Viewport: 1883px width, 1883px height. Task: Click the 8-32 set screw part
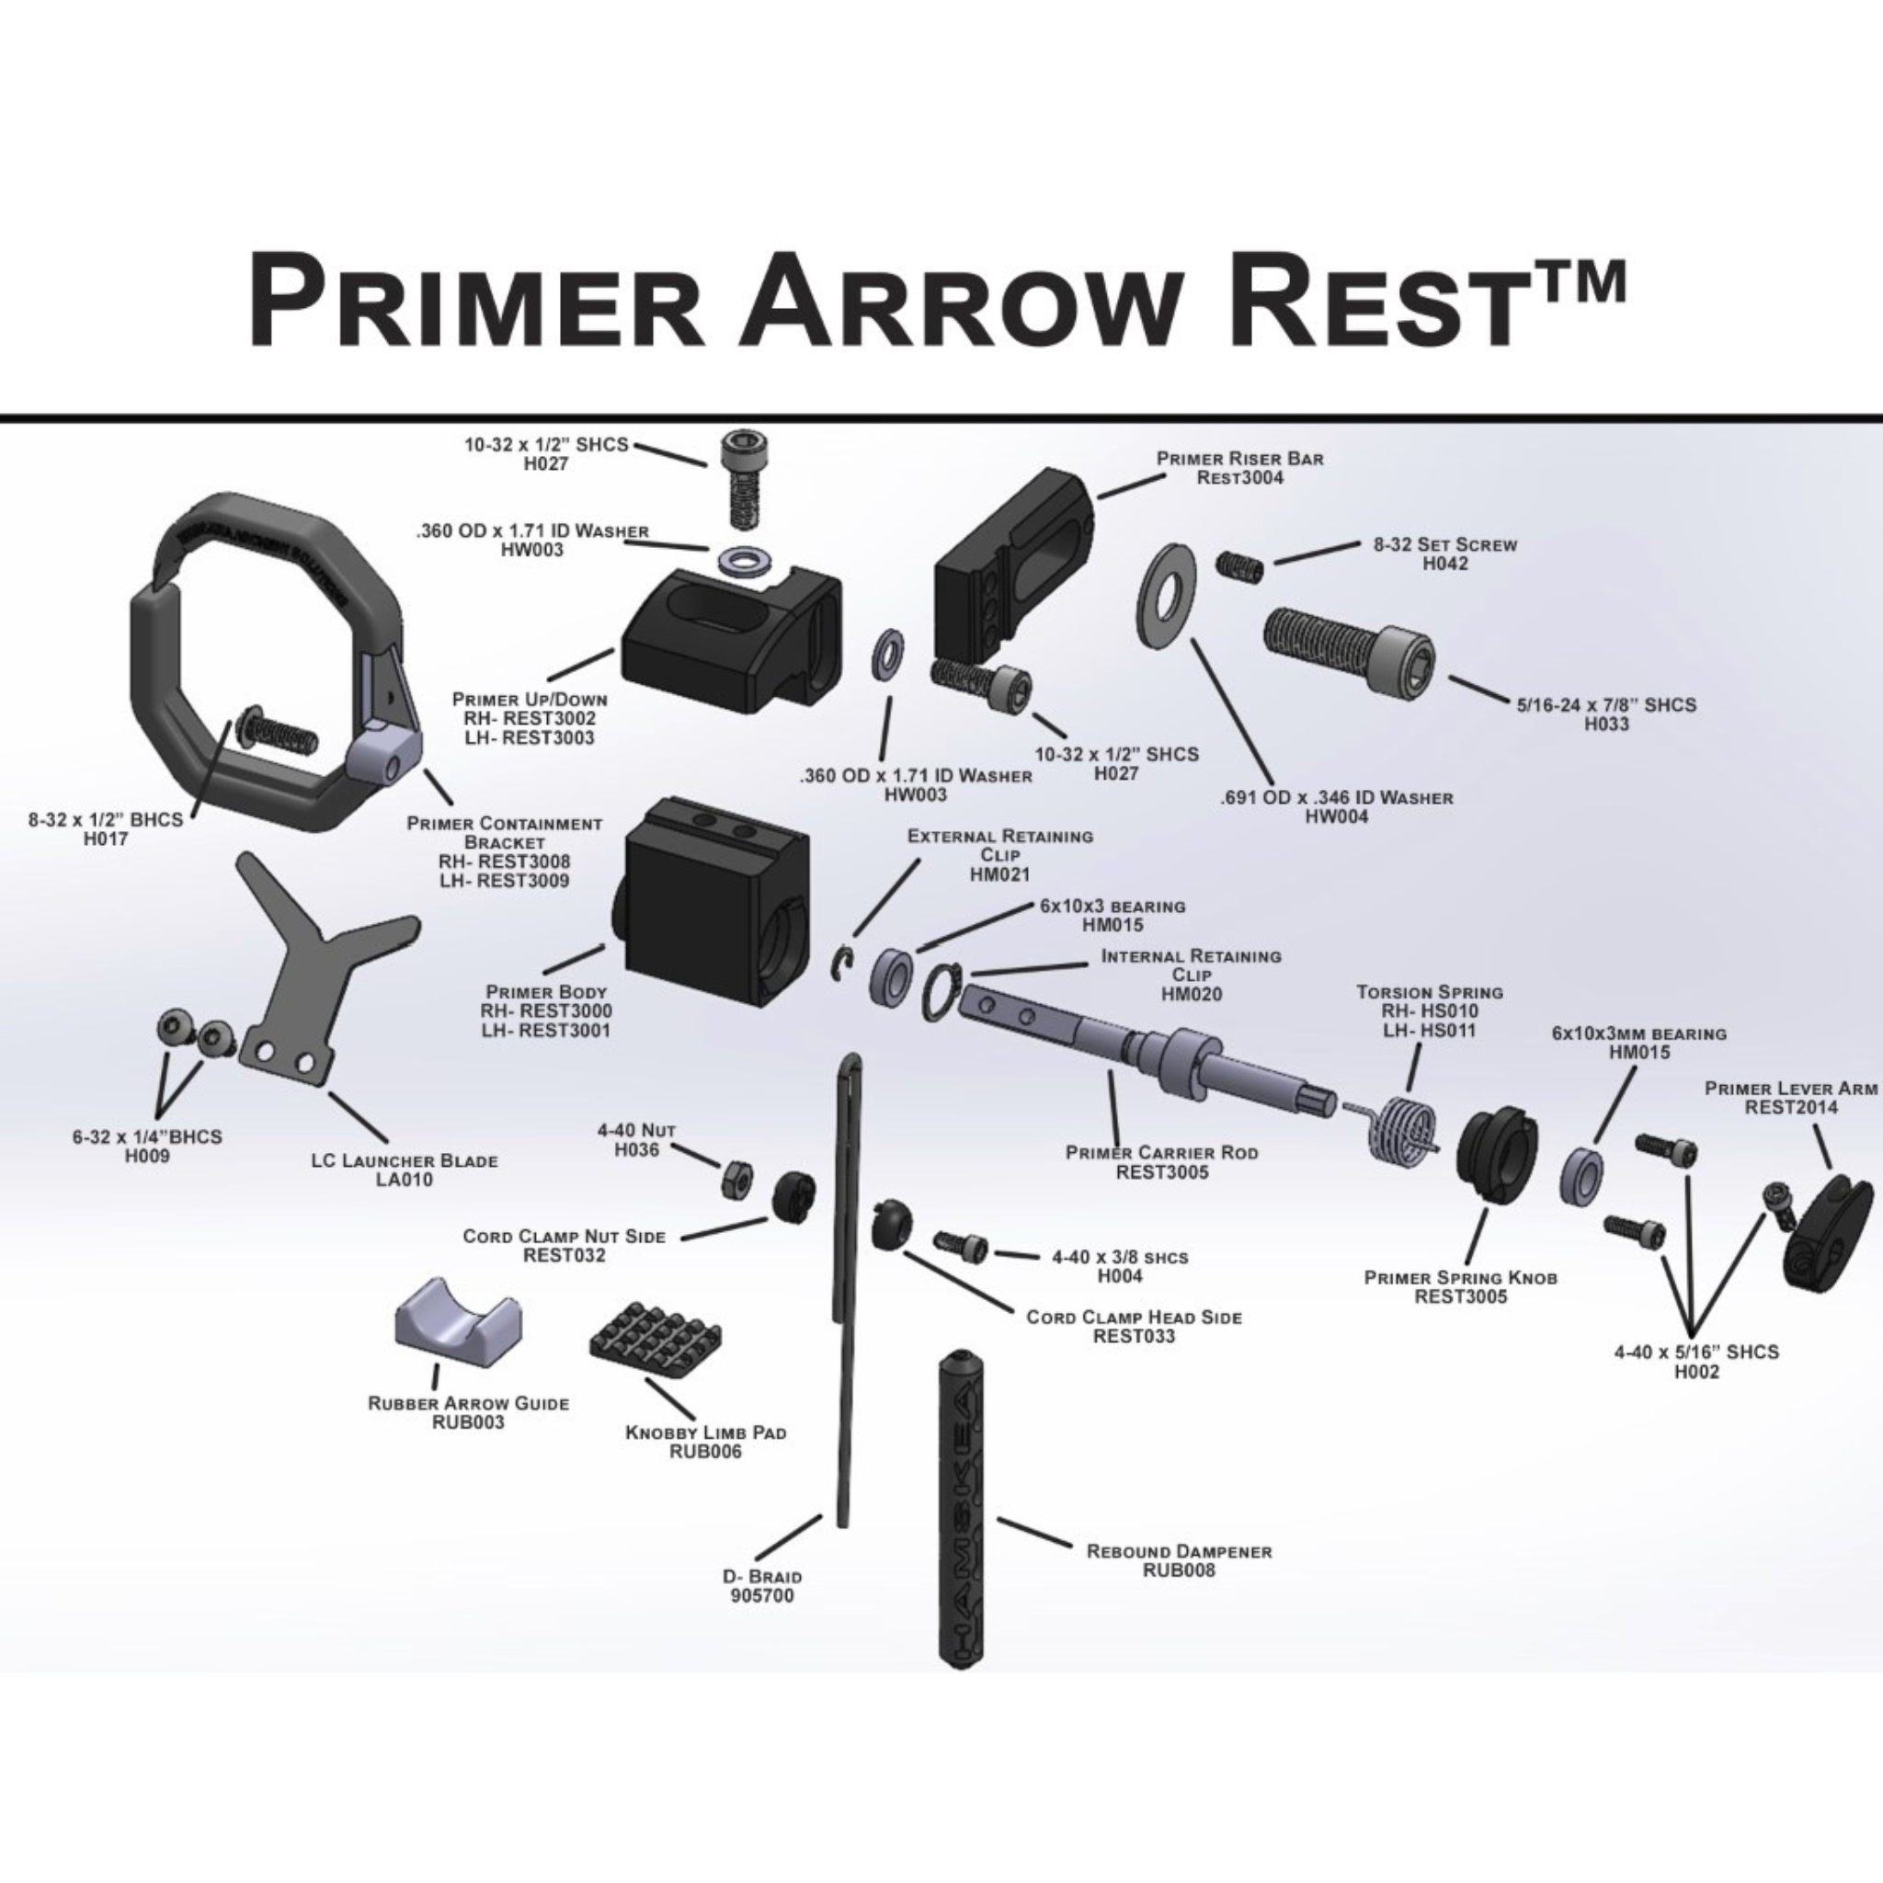click(1239, 566)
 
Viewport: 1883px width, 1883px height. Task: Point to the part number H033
click(1605, 725)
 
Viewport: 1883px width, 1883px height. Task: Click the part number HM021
click(999, 874)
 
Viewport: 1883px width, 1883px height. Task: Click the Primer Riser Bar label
click(1239, 458)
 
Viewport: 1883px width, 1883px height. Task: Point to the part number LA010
click(405, 1180)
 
